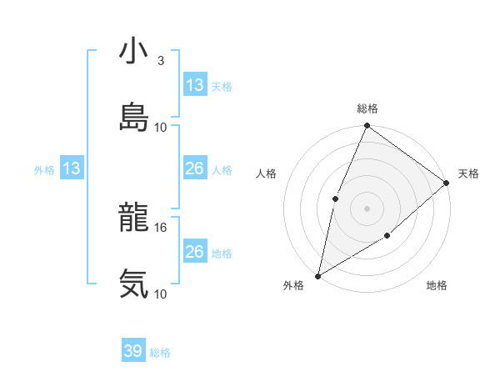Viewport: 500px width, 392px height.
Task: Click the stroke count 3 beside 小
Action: point(160,61)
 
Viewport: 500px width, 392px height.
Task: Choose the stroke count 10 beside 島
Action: point(162,128)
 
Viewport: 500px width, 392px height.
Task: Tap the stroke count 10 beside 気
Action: point(162,294)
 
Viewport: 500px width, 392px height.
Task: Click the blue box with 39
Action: point(133,351)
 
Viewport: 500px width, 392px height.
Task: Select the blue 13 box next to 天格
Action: point(195,84)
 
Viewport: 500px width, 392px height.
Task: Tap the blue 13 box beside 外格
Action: point(72,168)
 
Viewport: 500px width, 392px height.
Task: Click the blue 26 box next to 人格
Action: point(195,168)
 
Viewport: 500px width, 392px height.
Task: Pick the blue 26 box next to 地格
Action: point(195,251)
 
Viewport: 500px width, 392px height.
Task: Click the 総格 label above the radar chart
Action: point(367,108)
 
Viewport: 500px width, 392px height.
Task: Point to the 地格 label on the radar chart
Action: point(437,286)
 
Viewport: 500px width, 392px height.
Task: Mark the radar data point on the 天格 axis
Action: point(447,183)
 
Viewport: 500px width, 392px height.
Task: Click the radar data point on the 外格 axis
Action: point(317,275)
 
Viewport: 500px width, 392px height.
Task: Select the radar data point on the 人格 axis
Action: point(335,199)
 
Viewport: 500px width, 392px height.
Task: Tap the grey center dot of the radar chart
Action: point(367,208)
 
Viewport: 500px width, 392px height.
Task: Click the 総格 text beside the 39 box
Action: point(160,353)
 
